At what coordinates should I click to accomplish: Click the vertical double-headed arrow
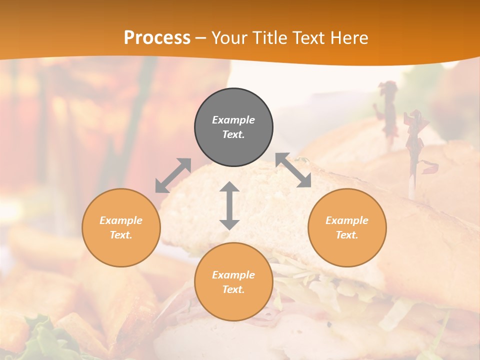pyautogui.click(x=229, y=205)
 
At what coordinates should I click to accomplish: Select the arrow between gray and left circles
pyautogui.click(x=173, y=175)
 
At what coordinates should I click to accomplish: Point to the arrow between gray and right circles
pyautogui.click(x=293, y=170)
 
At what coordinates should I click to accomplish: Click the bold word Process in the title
pyautogui.click(x=157, y=37)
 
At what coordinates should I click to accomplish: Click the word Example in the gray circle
pyautogui.click(x=233, y=120)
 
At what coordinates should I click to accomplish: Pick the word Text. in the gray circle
pyautogui.click(x=233, y=134)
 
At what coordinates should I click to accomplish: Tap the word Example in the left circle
pyautogui.click(x=121, y=220)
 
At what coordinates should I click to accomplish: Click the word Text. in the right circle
pyautogui.click(x=347, y=235)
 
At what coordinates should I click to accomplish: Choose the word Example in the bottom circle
pyautogui.click(x=233, y=275)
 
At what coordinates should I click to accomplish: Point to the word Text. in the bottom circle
pyautogui.click(x=233, y=289)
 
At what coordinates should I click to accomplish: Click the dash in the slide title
pyautogui.click(x=200, y=38)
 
